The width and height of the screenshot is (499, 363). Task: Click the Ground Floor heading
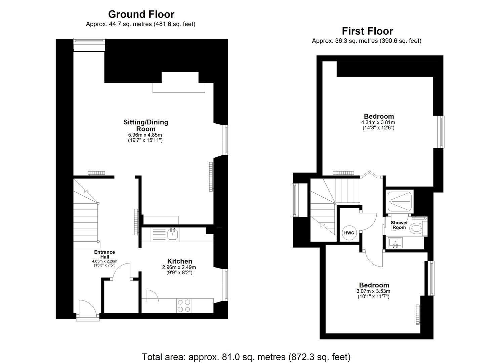[x=141, y=14]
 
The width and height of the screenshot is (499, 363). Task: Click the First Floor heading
[x=367, y=31]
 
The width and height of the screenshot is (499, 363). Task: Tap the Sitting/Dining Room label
[x=145, y=125]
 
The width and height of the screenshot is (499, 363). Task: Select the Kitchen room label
[x=180, y=261]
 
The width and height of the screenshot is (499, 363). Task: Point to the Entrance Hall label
[x=104, y=254]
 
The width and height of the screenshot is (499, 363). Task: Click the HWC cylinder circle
[x=349, y=233]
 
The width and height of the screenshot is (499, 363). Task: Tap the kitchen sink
[x=173, y=234]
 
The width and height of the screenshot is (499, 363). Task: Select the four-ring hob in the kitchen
[x=183, y=306]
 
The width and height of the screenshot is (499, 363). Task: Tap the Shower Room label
[x=399, y=225]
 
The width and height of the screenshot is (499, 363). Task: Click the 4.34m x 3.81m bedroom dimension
[x=378, y=122]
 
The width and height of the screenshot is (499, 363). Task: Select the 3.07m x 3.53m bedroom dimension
[x=373, y=291]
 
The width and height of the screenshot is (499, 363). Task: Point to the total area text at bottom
[x=246, y=357]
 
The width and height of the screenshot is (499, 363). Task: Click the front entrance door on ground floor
[x=87, y=309]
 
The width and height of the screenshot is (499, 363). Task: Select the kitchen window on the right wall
[x=226, y=285]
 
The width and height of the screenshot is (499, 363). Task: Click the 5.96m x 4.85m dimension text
[x=145, y=135]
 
